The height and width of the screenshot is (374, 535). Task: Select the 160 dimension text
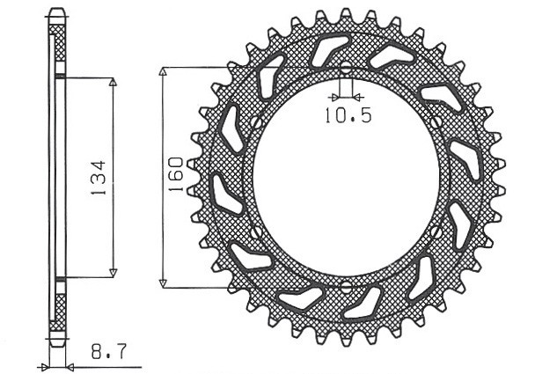(176, 175)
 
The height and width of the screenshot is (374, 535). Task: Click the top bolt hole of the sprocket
(345, 68)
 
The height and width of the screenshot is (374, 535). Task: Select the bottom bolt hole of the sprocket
(345, 287)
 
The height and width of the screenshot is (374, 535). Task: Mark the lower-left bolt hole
(255, 232)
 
